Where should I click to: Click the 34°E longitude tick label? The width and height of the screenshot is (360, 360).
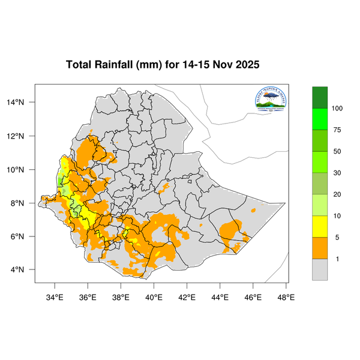[x=55, y=296]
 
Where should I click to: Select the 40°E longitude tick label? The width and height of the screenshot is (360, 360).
[x=154, y=296]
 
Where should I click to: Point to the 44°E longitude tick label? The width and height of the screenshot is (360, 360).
[x=220, y=296]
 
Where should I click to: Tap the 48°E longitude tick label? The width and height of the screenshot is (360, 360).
[x=286, y=296]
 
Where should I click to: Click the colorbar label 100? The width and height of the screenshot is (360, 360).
[x=337, y=108]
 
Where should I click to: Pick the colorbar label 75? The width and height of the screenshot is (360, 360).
[x=337, y=130]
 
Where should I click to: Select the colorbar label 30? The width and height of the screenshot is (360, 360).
[x=337, y=173]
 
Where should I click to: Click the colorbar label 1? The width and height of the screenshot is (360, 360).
[x=337, y=259]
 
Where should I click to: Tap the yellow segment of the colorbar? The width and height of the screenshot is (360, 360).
[x=320, y=227]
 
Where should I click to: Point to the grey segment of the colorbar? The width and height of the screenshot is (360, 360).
[x=320, y=270]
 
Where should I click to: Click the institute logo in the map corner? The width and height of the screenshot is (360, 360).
[x=271, y=100]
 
